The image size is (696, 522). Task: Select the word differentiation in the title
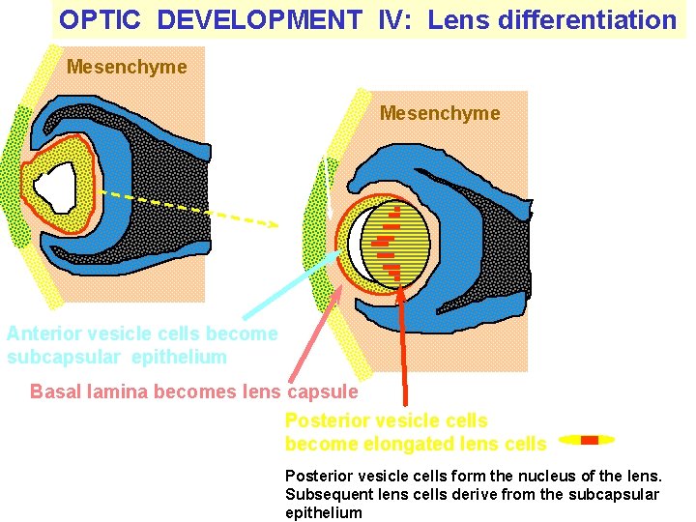594,19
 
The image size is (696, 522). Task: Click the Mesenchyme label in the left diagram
127,67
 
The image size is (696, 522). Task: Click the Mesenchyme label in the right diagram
440,113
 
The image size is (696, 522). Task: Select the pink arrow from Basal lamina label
317,334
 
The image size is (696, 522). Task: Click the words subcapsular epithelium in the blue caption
116,357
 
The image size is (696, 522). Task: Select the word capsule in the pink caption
324,391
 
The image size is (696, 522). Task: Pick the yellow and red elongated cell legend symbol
587,440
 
